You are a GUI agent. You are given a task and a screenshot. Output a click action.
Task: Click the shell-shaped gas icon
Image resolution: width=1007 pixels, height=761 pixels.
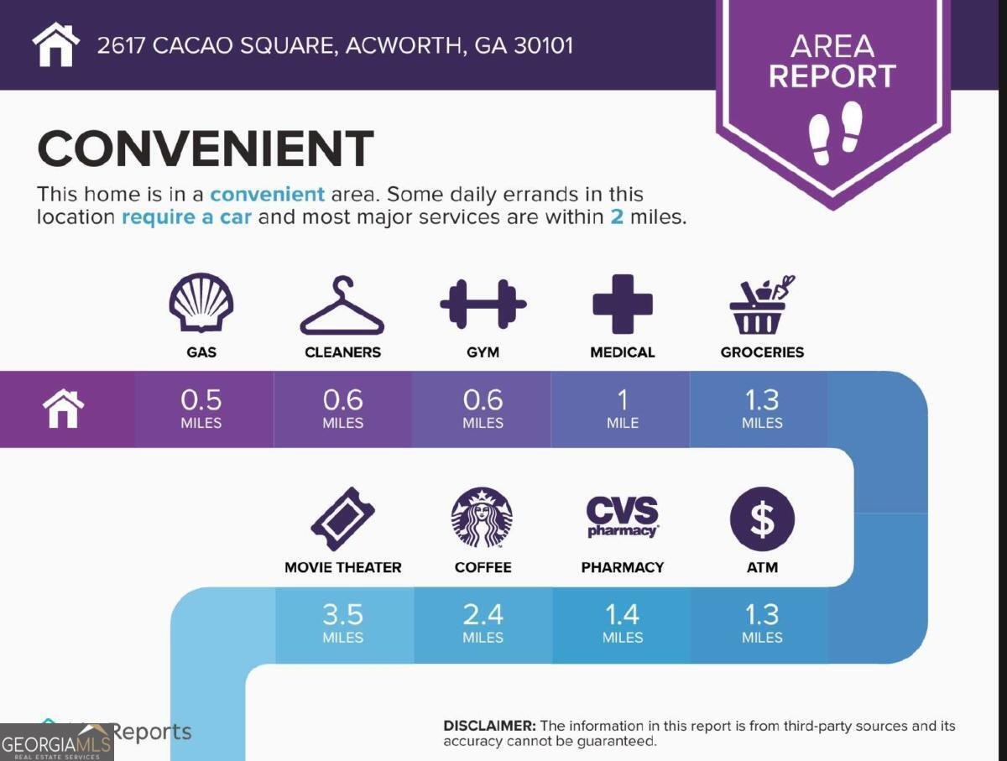pyautogui.click(x=201, y=304)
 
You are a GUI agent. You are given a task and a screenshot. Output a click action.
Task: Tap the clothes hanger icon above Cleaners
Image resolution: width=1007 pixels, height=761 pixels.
pyautogui.click(x=342, y=306)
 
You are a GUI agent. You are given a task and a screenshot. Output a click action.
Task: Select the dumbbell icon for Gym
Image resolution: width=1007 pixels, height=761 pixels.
pyautogui.click(x=483, y=304)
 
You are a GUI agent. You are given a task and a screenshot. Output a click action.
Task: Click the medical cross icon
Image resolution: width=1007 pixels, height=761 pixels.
pyautogui.click(x=622, y=304)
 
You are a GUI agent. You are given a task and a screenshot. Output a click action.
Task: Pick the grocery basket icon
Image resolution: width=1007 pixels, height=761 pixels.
pyautogui.click(x=761, y=305)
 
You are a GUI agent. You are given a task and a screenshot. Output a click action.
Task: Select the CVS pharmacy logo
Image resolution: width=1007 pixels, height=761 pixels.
pyautogui.click(x=622, y=517)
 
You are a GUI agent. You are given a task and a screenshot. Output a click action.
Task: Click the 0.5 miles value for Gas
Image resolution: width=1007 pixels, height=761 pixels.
pyautogui.click(x=201, y=408)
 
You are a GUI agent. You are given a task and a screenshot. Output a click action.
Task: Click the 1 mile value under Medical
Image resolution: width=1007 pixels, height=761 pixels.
pyautogui.click(x=623, y=408)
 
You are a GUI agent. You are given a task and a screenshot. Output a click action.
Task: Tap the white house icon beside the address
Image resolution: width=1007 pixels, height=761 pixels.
pyautogui.click(x=56, y=44)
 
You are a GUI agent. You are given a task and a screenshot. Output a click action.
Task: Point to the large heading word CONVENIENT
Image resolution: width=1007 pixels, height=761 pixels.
pyautogui.click(x=206, y=149)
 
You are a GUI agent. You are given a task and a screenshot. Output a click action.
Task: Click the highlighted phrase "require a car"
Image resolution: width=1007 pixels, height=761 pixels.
pyautogui.click(x=190, y=217)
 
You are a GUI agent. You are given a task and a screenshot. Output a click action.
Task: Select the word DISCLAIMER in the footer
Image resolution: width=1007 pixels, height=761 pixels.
pyautogui.click(x=489, y=726)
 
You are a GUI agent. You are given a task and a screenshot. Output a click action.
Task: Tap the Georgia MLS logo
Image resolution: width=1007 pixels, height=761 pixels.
pyautogui.click(x=57, y=743)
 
